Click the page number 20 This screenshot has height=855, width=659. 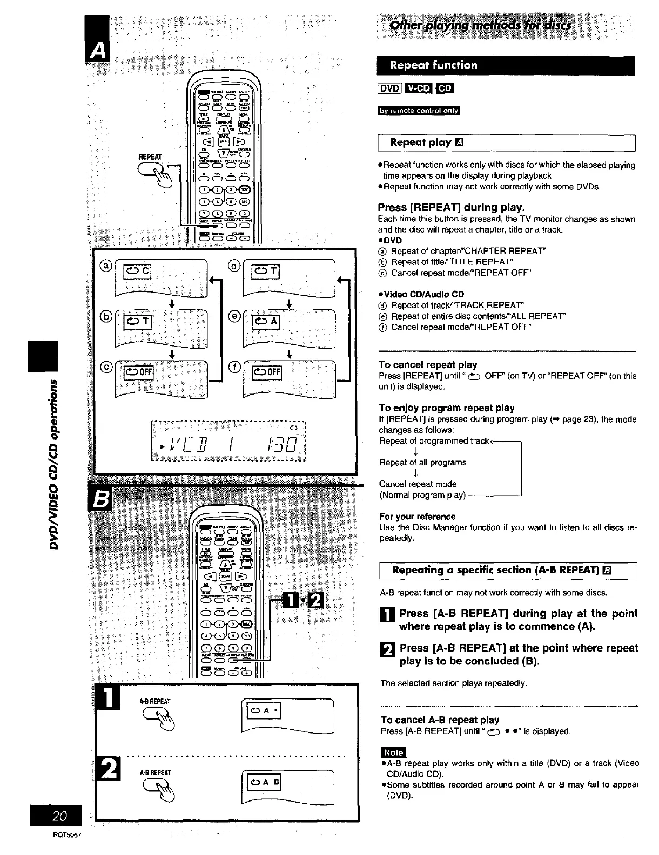60,816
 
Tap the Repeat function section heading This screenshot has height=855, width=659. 434,65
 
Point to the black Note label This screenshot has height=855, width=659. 393,752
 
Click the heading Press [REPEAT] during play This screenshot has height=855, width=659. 452,207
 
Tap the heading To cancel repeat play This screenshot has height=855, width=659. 428,365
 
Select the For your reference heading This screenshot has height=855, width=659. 417,517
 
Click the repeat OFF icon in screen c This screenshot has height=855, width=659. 139,372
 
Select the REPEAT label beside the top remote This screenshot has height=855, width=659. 150,157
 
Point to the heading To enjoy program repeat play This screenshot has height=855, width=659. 446,408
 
